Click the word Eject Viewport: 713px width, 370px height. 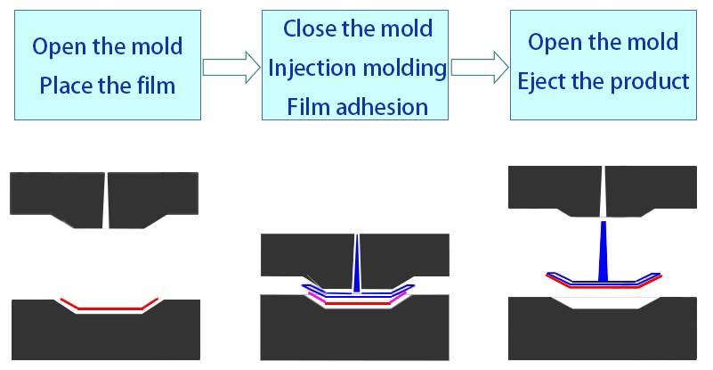[545, 81]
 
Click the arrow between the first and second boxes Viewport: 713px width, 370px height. [228, 67]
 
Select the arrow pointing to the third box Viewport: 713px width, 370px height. [476, 67]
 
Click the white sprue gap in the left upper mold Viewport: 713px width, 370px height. [106, 200]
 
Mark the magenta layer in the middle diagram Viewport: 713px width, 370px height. [313, 293]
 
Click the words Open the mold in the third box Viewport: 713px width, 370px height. [603, 42]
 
